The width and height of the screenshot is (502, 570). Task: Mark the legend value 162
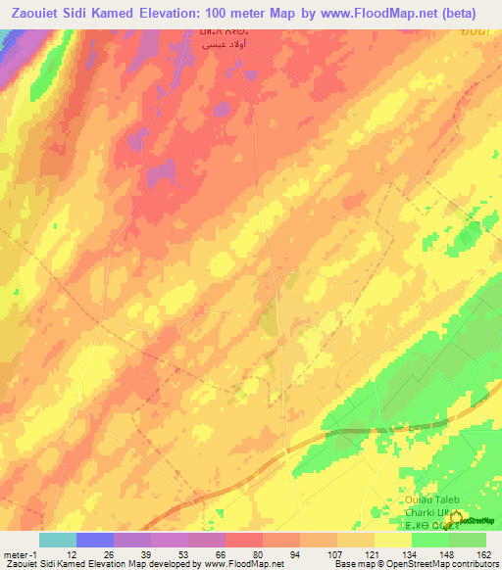click(484, 553)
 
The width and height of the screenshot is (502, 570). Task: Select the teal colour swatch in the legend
click(57, 540)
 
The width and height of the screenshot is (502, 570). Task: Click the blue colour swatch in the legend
click(94, 540)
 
